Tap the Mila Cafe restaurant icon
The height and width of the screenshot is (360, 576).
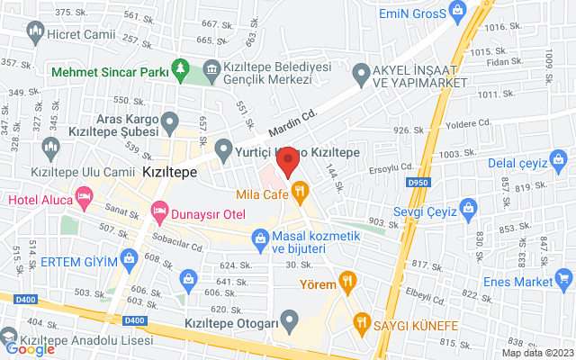300,192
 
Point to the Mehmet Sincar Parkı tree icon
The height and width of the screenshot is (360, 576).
181,70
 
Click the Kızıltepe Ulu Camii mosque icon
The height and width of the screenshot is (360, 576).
49,147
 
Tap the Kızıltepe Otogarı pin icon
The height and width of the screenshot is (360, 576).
289,319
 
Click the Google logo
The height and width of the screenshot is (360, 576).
29,349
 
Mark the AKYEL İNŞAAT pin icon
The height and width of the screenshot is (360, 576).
361,72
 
